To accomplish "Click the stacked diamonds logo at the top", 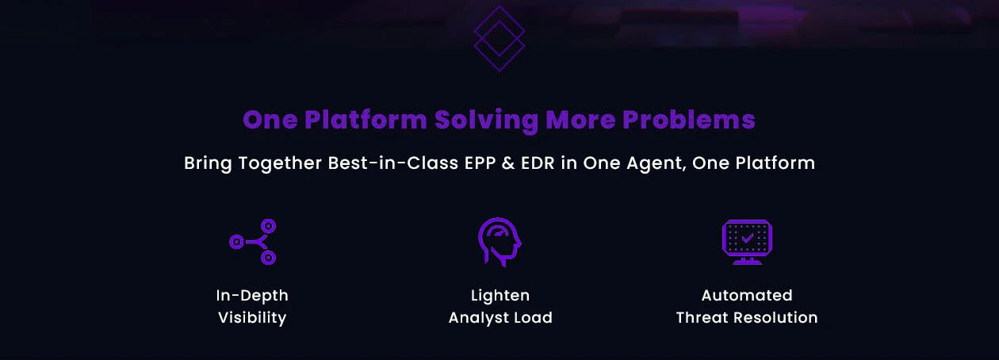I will tap(499, 38).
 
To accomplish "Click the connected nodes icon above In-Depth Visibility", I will tap(253, 242).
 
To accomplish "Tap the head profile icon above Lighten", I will tap(499, 242).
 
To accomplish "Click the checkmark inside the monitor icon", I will tap(747, 237).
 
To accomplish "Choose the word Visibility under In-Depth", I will tap(252, 318).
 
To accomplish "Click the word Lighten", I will tap(499, 296).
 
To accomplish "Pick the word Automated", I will tap(747, 296).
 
